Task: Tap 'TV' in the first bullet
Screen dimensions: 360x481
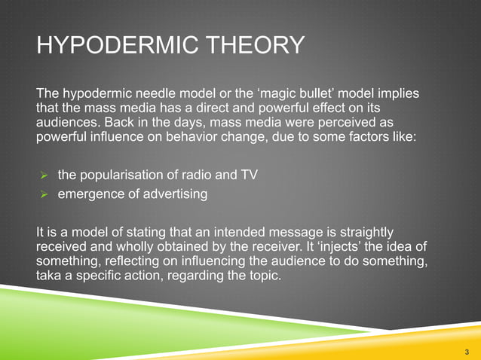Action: tap(248, 175)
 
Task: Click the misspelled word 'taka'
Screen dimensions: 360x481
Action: tap(49, 276)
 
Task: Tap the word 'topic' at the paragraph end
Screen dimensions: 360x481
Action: tap(260, 276)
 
